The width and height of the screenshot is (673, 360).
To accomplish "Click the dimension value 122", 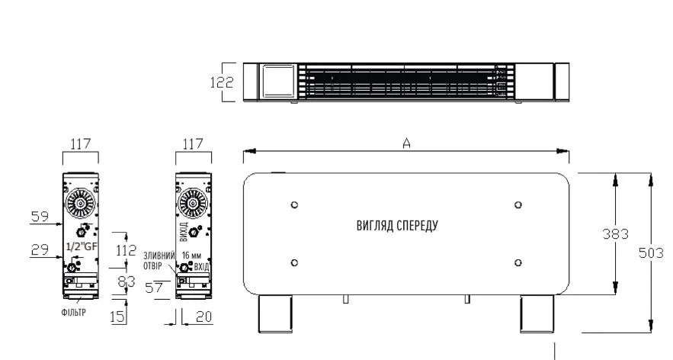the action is (222, 82).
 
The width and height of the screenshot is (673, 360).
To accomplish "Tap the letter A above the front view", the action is (406, 143).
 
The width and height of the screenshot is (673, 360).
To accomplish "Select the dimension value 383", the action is (616, 233).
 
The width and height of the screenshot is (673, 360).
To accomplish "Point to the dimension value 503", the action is (651, 253).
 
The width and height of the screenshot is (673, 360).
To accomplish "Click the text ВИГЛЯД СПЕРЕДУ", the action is (397, 226).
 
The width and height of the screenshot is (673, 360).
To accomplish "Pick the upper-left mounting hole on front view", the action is (294, 204).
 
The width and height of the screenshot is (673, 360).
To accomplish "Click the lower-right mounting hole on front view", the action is (518, 262).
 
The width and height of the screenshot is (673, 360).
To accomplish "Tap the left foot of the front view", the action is (275, 313).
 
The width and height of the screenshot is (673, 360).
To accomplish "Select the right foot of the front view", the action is (537, 313).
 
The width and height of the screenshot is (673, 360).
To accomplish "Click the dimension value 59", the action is (40, 216).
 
